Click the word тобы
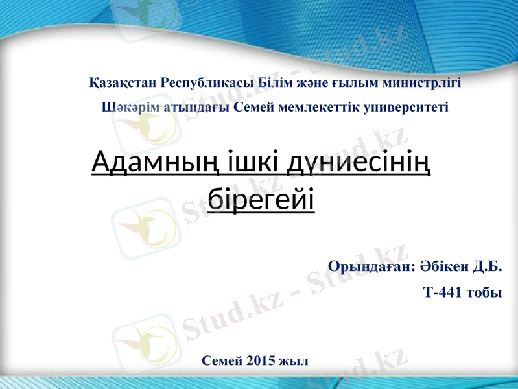tap(483, 292)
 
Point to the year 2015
tap(260, 360)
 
